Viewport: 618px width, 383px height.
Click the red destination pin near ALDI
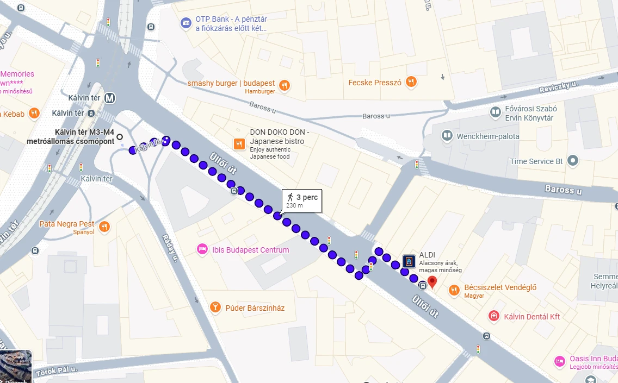point(432,282)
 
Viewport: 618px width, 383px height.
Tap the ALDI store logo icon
point(409,261)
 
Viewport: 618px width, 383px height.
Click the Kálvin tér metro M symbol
point(110,98)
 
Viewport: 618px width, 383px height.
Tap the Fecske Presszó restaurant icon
point(411,82)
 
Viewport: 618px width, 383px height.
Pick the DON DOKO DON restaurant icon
point(239,144)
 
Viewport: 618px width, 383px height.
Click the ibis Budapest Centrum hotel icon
point(202,249)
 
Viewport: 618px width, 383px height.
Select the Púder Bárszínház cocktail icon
point(215,308)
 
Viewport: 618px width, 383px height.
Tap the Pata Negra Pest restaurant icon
point(104,227)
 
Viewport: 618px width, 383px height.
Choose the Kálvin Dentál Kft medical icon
point(494,316)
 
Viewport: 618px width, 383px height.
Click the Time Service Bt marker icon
point(572,161)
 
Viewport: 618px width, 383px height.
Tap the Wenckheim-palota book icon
point(447,135)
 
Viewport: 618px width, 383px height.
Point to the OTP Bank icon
point(186,23)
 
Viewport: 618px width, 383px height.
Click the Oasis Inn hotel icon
point(559,361)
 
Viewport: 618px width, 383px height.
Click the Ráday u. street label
point(170,248)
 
